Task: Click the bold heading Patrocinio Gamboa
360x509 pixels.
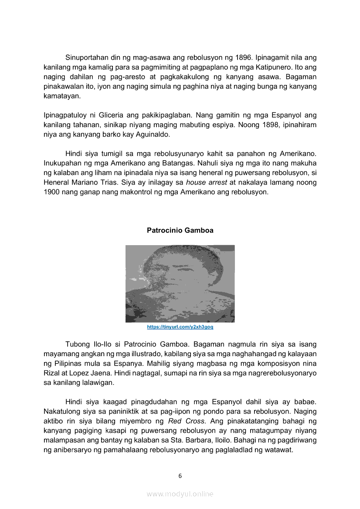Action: click(x=180, y=230)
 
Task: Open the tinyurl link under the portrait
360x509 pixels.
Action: click(x=180, y=327)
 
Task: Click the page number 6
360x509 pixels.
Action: click(x=180, y=475)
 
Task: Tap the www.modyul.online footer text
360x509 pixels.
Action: click(x=180, y=494)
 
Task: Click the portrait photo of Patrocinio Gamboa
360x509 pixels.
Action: click(x=180, y=283)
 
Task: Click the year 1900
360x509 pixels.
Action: click(x=52, y=192)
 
